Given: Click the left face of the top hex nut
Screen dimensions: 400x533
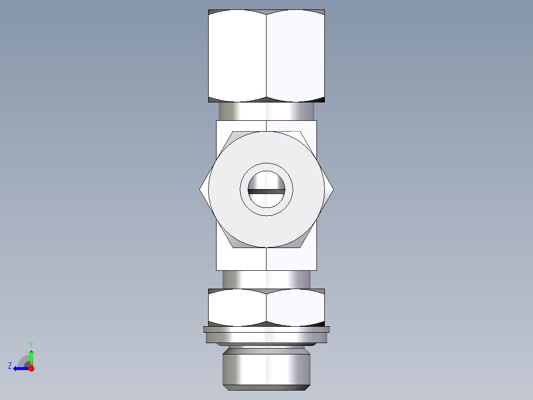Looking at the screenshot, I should coord(237,55).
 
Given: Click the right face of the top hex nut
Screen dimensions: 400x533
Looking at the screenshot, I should coord(295,55).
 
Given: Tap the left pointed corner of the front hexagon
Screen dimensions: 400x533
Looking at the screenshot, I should coord(201,189).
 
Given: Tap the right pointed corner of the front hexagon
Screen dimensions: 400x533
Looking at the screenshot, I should coord(332,189).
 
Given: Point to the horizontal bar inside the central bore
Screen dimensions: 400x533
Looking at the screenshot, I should coord(266,191).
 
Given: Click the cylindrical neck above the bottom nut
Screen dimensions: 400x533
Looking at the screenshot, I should coord(266,279).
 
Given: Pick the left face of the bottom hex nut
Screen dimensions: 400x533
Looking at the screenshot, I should coord(237,307).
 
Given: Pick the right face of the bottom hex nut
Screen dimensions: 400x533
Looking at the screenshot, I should coord(295,307).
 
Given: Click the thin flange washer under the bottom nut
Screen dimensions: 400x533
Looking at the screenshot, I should coord(266,329).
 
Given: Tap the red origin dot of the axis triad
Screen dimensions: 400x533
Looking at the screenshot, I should coord(31,368).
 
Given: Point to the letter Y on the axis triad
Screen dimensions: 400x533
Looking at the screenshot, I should coord(31,344).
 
